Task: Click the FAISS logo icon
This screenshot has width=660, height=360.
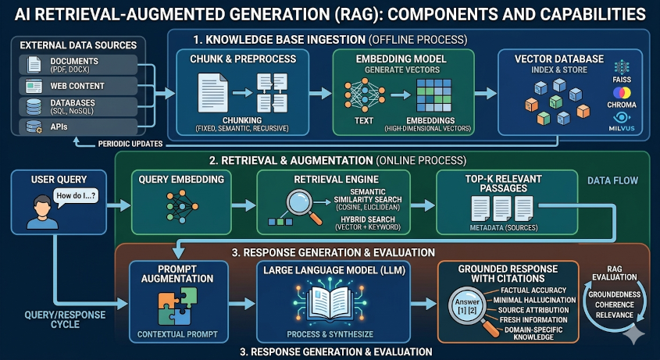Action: pos(622,66)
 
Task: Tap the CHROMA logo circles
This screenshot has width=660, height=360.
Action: pos(622,93)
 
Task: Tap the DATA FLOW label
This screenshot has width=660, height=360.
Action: pos(613,181)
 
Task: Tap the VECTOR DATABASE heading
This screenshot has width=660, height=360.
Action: pos(558,59)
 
